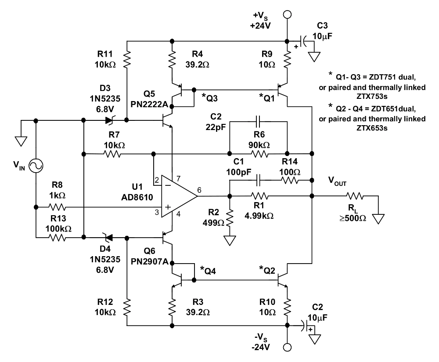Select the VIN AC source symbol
click(36, 165)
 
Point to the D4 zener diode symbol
click(106, 238)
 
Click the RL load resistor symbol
click(355, 196)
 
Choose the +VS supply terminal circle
click(287, 14)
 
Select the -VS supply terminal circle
click(287, 346)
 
